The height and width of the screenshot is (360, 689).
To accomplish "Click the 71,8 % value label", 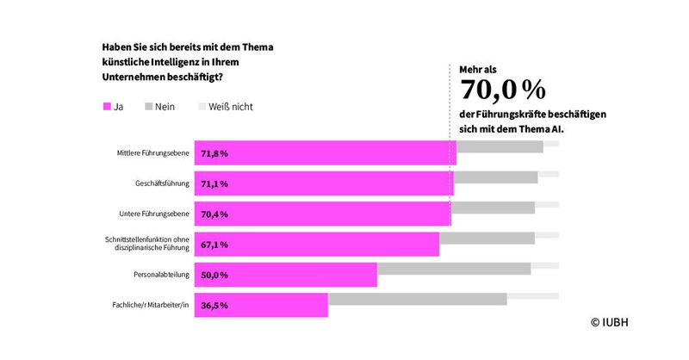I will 214,153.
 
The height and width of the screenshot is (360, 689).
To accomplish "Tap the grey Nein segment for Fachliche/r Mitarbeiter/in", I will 417,305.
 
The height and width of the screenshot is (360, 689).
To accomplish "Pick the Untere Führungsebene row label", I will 155,214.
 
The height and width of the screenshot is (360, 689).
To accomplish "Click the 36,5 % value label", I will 214,305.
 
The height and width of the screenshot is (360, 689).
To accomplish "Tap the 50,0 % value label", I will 214,275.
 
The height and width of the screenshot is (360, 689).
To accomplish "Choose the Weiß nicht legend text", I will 231,108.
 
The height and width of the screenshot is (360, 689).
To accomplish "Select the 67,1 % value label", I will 214,245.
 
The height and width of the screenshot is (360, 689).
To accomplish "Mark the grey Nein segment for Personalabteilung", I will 454,275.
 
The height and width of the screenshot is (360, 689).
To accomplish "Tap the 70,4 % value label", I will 214,214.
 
